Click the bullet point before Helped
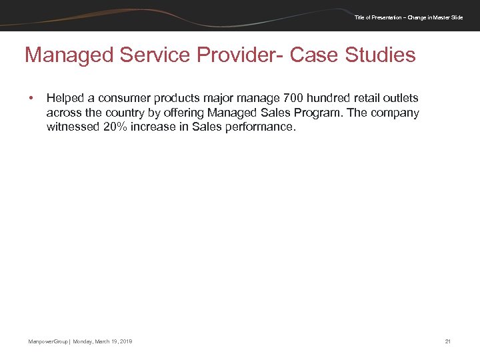[x=31, y=99]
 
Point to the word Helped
[x=64, y=99]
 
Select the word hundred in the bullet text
[x=328, y=99]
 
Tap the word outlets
[x=401, y=99]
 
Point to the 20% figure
[x=117, y=127]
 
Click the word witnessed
[x=73, y=127]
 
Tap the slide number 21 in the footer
[x=448, y=342]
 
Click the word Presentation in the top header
[x=387, y=17]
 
